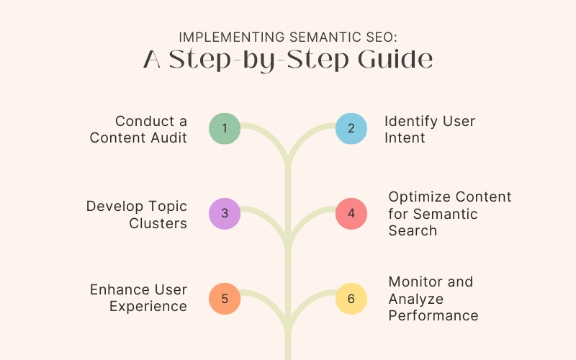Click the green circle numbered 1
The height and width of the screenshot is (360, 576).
tap(225, 129)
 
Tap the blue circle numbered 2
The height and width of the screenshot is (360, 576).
tap(351, 129)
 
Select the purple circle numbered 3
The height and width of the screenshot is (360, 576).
tap(225, 213)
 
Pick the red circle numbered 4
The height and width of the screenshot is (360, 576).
tap(351, 213)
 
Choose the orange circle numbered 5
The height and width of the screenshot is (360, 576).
tap(225, 298)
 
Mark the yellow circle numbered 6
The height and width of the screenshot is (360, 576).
tap(351, 298)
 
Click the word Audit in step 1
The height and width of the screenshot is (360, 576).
tap(166, 138)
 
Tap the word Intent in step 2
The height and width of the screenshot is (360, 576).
tap(405, 138)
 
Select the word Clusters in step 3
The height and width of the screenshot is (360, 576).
tap(158, 222)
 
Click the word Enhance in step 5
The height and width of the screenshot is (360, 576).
tap(117, 289)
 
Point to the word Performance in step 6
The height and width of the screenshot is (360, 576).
tap(433, 315)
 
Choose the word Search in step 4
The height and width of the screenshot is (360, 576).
tap(413, 230)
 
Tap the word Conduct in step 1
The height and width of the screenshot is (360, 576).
tap(142, 121)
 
